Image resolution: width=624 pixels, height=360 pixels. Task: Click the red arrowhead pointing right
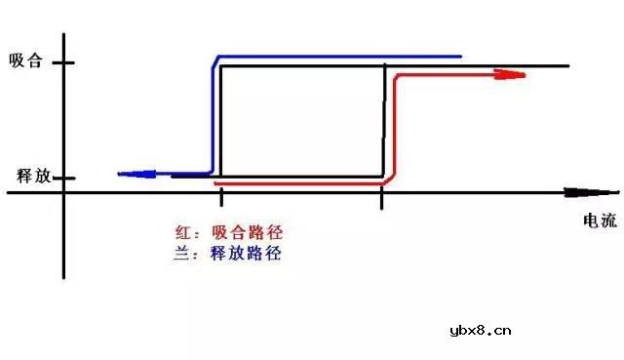pyautogui.click(x=509, y=74)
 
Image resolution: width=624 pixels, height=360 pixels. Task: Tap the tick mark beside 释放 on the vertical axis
pyautogui.click(x=62, y=178)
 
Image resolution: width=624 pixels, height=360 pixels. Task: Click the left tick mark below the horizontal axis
pyautogui.click(x=222, y=200)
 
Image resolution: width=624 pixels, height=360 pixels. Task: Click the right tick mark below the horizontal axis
pyautogui.click(x=381, y=201)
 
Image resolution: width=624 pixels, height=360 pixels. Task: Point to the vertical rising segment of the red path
pyautogui.click(x=392, y=127)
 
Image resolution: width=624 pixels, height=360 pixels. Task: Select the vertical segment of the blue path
pyautogui.click(x=213, y=117)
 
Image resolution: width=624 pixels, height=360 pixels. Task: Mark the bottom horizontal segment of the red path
pyautogui.click(x=302, y=182)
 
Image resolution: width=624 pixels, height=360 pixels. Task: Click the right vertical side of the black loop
pyautogui.click(x=385, y=122)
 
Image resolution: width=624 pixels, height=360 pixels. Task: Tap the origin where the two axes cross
pyautogui.click(x=63, y=192)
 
